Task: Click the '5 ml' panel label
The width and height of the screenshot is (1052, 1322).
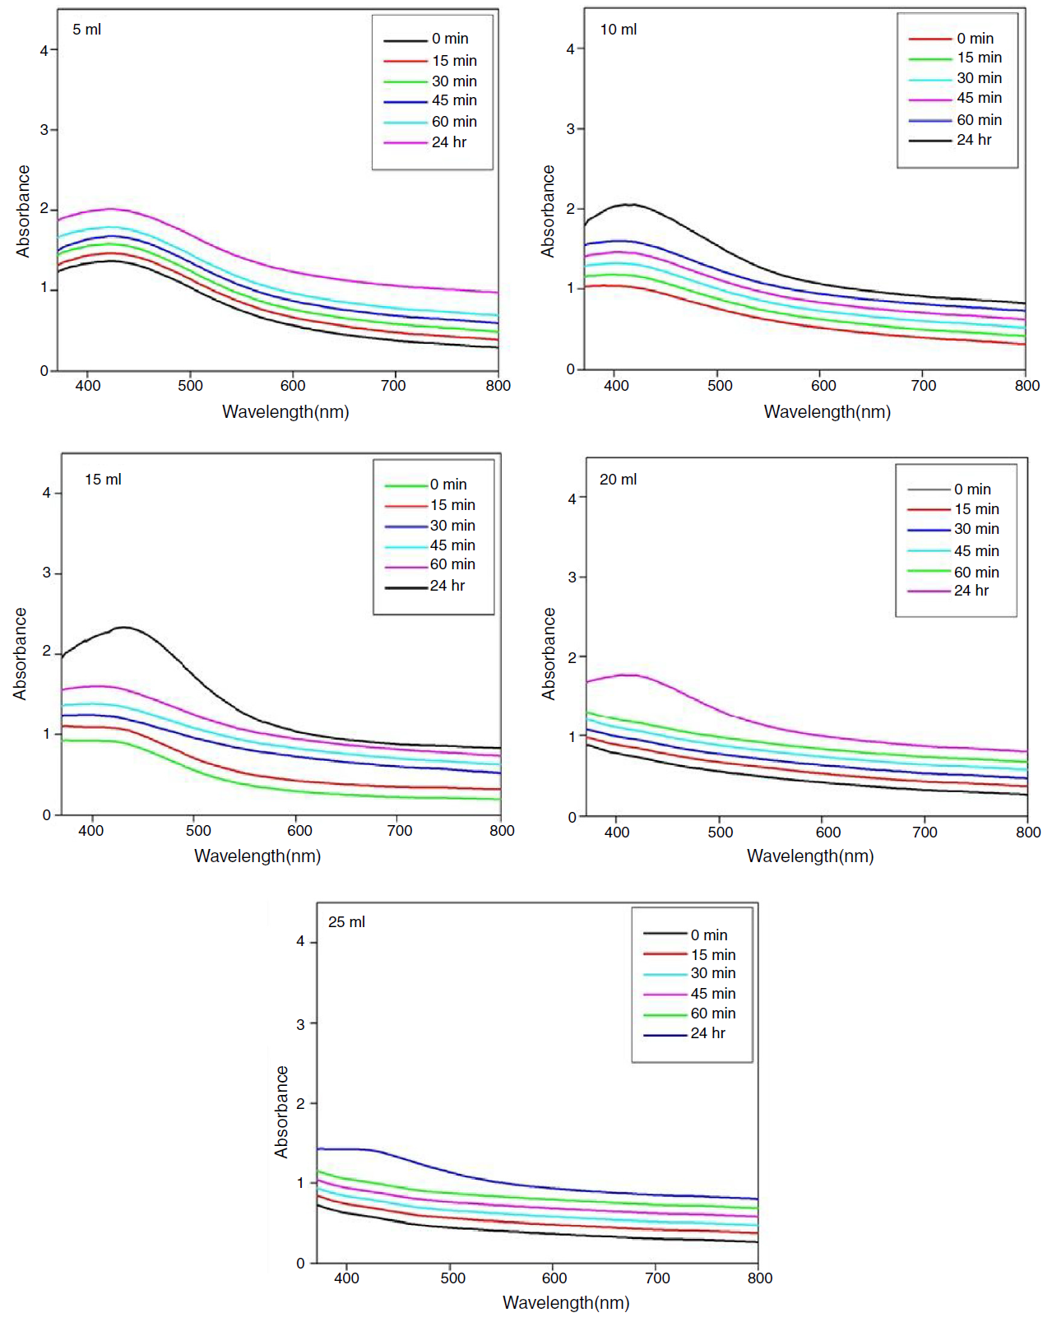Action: click(x=86, y=30)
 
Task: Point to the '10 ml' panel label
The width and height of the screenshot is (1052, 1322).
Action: click(x=618, y=30)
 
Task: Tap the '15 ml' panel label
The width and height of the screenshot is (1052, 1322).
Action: click(x=103, y=480)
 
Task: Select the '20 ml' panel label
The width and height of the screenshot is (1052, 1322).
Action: click(x=618, y=480)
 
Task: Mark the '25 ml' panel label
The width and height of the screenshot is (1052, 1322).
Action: click(x=346, y=922)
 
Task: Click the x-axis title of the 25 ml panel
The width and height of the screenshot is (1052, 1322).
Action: click(x=566, y=1303)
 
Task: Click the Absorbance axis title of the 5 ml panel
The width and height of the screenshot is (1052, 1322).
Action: click(x=23, y=211)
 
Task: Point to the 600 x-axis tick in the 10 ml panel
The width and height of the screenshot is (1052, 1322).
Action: click(x=823, y=386)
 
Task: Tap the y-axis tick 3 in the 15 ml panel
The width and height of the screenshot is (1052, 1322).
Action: click(x=47, y=573)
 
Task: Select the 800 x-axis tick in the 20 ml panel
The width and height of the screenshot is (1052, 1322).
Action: click(x=1028, y=833)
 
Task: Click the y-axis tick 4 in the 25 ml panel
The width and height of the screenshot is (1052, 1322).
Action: click(x=300, y=941)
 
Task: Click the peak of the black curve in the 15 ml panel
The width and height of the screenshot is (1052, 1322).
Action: click(x=123, y=628)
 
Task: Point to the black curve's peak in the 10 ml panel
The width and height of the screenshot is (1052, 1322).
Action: click(x=630, y=204)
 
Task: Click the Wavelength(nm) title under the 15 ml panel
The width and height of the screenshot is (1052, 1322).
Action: click(x=257, y=856)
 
